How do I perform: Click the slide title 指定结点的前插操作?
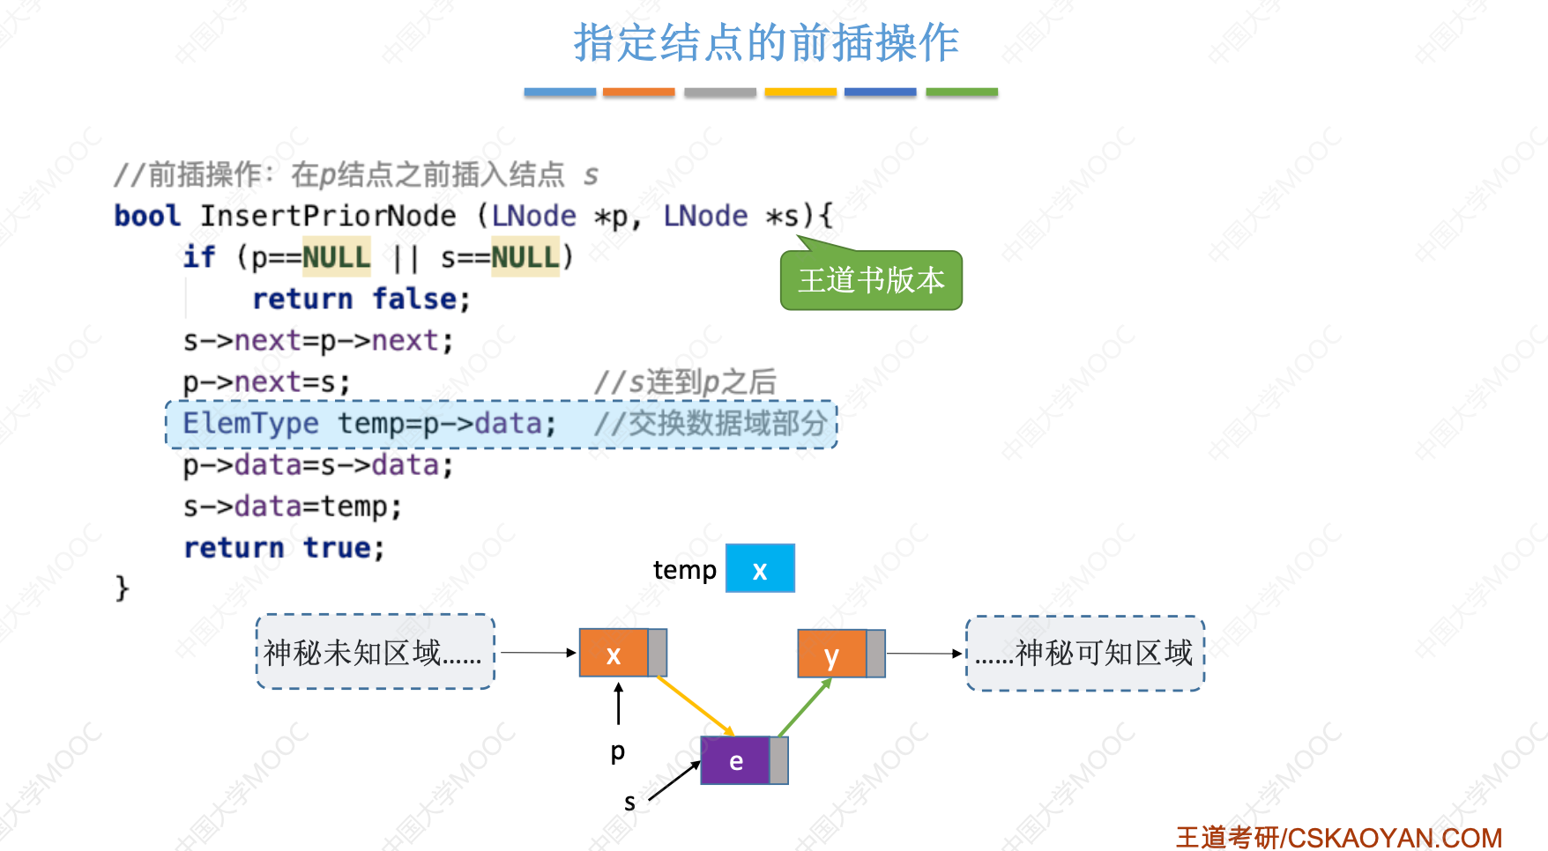[766, 42]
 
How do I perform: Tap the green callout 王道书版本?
[871, 281]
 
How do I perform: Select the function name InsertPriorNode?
[328, 216]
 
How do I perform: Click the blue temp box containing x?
[760, 569]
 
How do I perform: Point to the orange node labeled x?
[614, 654]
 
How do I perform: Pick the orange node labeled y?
[832, 655]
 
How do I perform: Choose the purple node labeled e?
[736, 761]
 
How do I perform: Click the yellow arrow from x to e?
[696, 706]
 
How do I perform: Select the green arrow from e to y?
[804, 707]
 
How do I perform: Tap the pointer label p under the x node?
[618, 751]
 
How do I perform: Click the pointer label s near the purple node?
[629, 803]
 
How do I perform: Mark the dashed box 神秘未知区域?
[375, 653]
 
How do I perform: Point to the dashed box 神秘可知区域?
[1085, 654]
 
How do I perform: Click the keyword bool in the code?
[147, 216]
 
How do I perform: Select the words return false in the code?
[361, 300]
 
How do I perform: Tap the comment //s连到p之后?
[685, 382]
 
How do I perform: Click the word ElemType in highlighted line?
[250, 424]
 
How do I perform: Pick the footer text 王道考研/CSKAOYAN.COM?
[1339, 837]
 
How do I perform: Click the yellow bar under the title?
[800, 92]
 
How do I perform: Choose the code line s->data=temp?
[293, 507]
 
